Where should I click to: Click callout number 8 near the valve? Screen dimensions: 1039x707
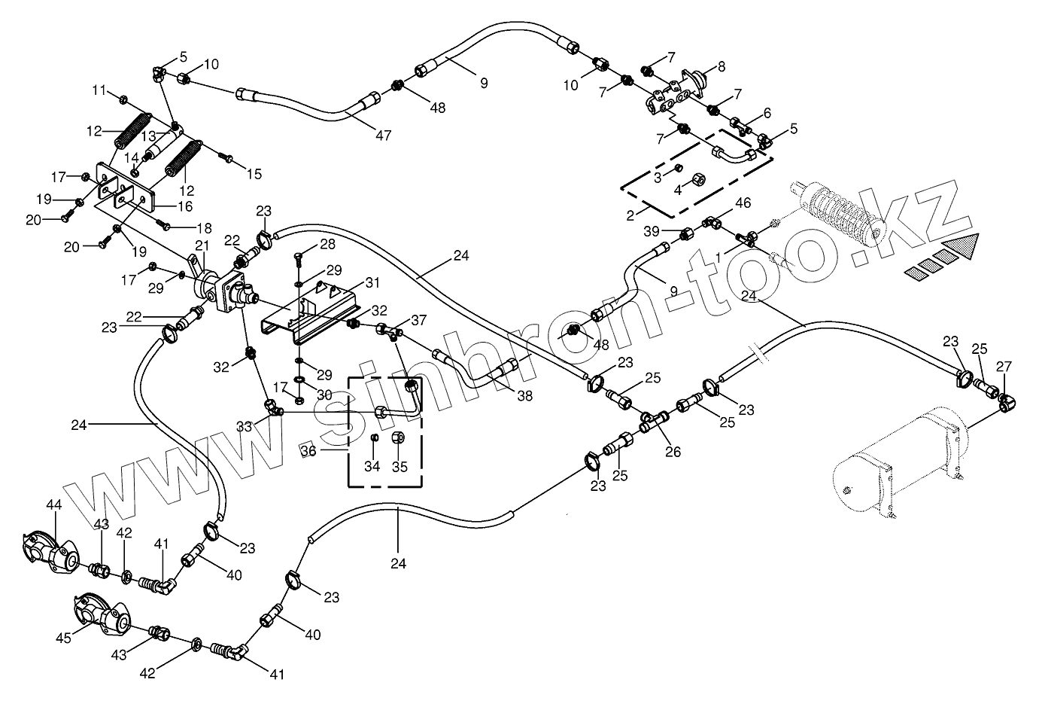[722, 67]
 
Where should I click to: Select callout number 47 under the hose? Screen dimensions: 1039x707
[383, 135]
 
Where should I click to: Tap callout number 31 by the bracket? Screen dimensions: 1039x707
[372, 282]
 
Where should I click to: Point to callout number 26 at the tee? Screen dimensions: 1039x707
[673, 451]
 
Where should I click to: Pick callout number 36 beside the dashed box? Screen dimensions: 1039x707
[308, 450]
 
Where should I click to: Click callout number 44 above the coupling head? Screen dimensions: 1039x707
[54, 504]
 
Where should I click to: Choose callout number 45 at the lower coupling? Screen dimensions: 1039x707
[63, 638]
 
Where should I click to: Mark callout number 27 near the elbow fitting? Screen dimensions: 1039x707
[1004, 367]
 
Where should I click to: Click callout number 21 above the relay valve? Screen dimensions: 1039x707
[202, 245]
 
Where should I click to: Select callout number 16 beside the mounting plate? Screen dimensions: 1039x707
[185, 206]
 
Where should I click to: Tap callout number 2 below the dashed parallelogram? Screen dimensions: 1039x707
[630, 215]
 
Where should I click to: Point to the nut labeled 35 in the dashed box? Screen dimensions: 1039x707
[398, 437]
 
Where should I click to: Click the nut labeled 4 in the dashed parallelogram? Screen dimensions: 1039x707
[698, 179]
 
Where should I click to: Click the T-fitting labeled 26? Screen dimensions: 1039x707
[655, 421]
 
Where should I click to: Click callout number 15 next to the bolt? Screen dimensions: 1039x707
[254, 174]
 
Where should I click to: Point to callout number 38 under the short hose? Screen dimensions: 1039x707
[524, 396]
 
